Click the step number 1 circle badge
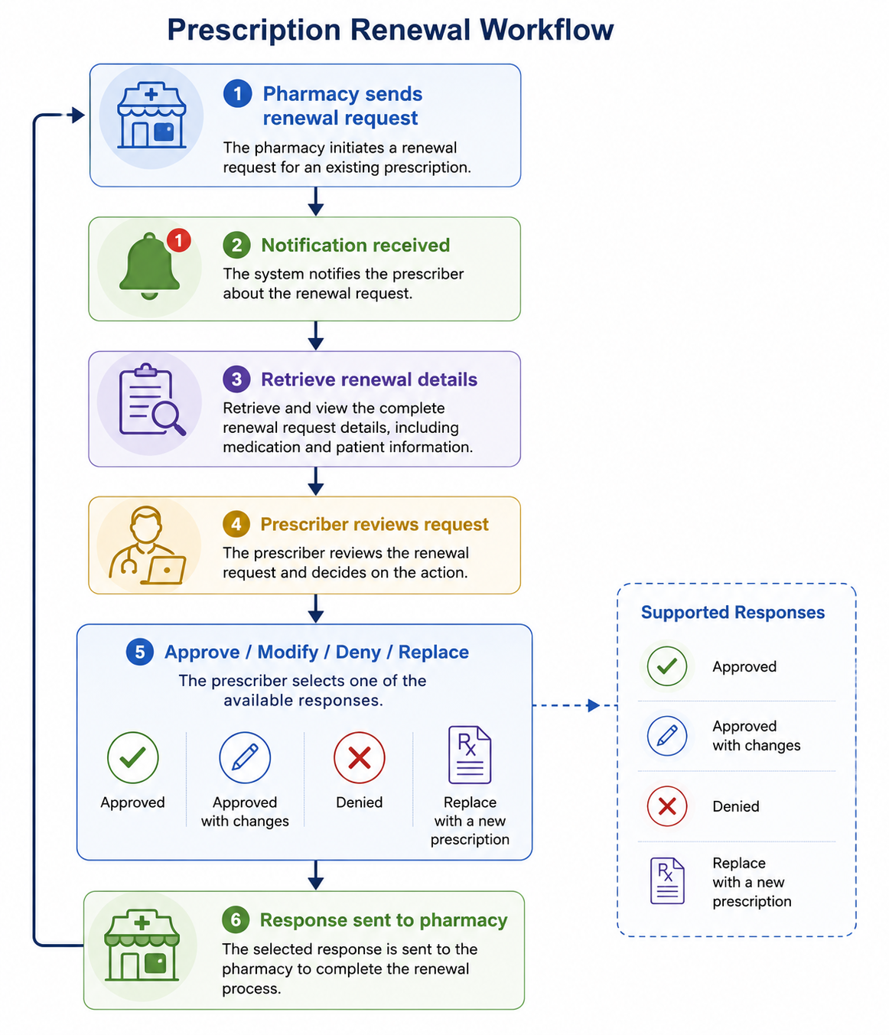click(x=237, y=93)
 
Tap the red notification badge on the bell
click(x=179, y=240)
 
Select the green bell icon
click(x=149, y=266)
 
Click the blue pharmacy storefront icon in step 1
click(x=151, y=116)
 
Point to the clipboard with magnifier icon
click(x=151, y=399)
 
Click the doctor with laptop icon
click(x=147, y=545)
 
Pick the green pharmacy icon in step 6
click(x=142, y=945)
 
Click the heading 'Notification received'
click(x=356, y=246)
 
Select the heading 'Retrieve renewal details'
click(x=369, y=379)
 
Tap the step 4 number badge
click(x=236, y=524)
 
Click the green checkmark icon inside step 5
click(x=132, y=757)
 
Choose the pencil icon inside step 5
click(x=245, y=757)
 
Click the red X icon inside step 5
click(x=360, y=757)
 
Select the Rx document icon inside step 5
click(x=470, y=754)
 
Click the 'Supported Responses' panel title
click(x=733, y=613)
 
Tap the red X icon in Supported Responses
click(x=667, y=806)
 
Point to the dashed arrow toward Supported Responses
click(x=575, y=705)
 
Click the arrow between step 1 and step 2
click(x=315, y=202)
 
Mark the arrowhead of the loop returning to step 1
click(x=77, y=116)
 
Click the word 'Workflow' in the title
click(x=547, y=30)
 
